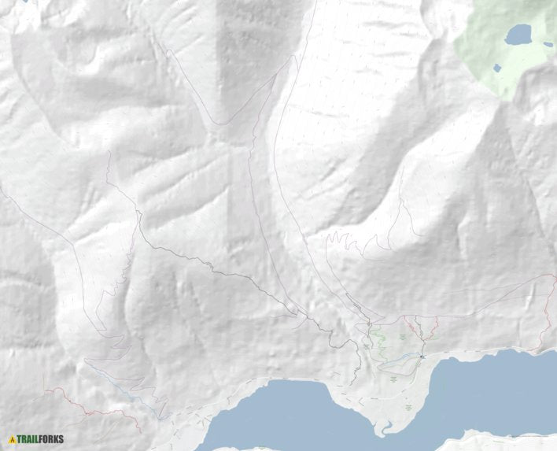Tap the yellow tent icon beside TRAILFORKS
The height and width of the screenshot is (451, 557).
(x=12, y=439)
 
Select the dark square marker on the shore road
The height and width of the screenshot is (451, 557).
(x=422, y=357)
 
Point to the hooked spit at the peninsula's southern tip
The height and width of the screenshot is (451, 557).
(x=383, y=429)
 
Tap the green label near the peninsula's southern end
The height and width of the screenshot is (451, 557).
(x=408, y=408)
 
